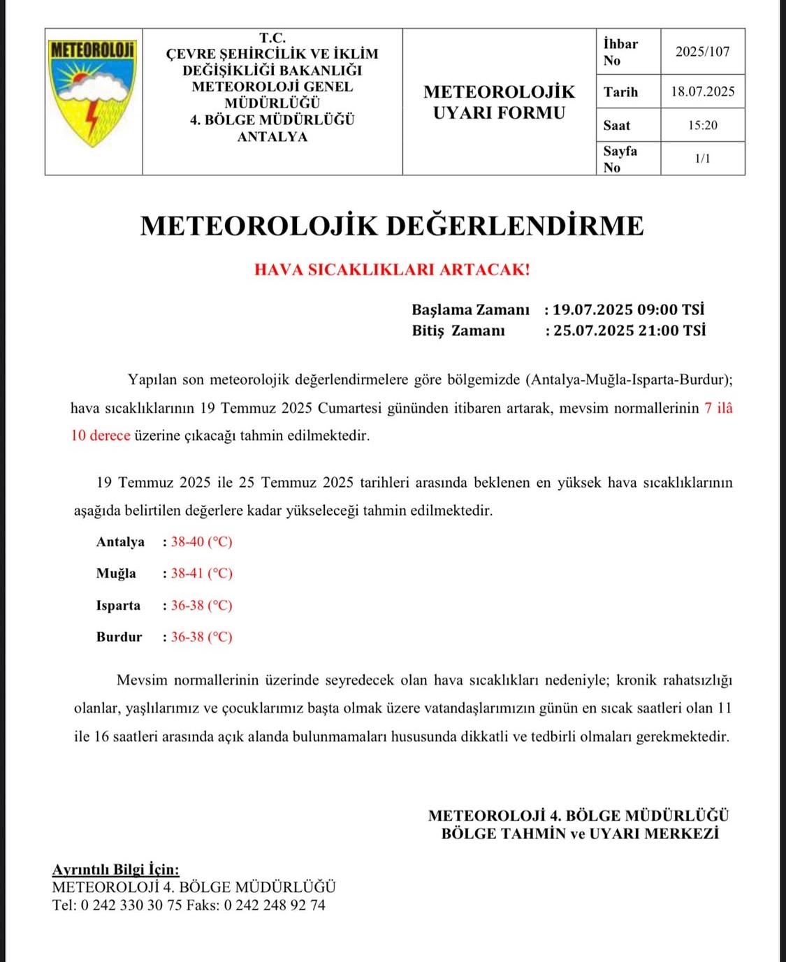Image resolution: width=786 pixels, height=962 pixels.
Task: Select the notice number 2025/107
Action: pyautogui.click(x=702, y=52)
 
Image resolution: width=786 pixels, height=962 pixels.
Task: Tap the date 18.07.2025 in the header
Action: pyautogui.click(x=702, y=92)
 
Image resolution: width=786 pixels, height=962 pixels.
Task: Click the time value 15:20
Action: pyautogui.click(x=702, y=126)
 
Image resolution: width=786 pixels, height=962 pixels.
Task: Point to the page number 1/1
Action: pyautogui.click(x=702, y=159)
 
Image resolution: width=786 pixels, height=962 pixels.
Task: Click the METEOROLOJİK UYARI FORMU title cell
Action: pyautogui.click(x=499, y=102)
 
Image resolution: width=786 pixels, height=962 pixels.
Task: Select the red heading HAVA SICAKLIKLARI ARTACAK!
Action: pyautogui.click(x=392, y=270)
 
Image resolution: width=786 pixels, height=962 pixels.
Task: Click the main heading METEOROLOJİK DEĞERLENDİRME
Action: pyautogui.click(x=392, y=226)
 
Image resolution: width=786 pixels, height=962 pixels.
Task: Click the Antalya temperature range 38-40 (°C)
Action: pyautogui.click(x=201, y=542)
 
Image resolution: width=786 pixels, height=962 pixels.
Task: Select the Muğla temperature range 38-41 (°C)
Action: pyautogui.click(x=201, y=574)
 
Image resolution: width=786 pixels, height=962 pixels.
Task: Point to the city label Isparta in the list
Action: pyautogui.click(x=118, y=606)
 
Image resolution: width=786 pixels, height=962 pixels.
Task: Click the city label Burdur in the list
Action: pyautogui.click(x=119, y=637)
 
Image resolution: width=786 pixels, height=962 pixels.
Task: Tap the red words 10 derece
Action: pyautogui.click(x=101, y=436)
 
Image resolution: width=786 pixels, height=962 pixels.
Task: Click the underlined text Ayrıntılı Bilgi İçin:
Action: pyautogui.click(x=115, y=870)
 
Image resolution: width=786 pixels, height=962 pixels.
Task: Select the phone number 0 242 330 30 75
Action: pyautogui.click(x=131, y=905)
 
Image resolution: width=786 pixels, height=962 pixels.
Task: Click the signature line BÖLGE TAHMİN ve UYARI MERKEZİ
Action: pyautogui.click(x=580, y=833)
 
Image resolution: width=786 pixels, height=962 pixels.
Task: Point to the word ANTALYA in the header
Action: pyautogui.click(x=272, y=137)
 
